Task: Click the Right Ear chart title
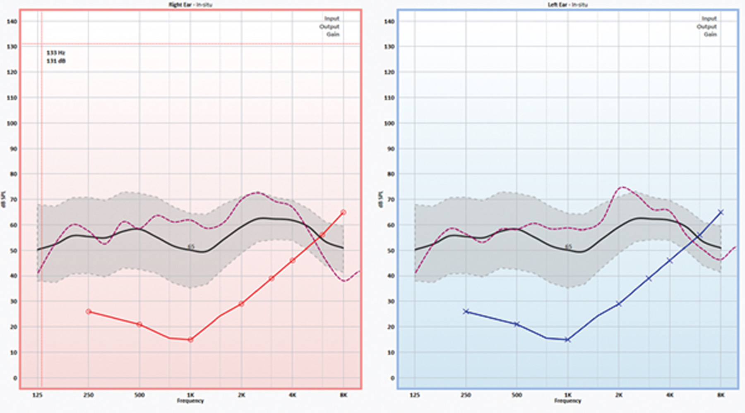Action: coord(190,5)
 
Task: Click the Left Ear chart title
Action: coord(567,5)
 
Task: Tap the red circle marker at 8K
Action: coord(343,212)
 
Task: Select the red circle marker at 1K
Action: coord(190,340)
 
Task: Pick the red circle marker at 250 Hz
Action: coord(88,312)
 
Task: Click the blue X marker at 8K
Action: coord(721,212)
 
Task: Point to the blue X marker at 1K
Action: coord(567,340)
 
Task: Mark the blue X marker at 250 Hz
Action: coord(466,311)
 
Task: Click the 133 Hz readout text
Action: coord(56,53)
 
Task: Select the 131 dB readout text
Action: coord(56,61)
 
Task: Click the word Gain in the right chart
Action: coord(333,34)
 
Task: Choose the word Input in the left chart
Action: coord(709,19)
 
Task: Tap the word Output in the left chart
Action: coord(707,26)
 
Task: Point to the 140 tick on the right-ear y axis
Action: coord(12,21)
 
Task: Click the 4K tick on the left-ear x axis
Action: coord(670,395)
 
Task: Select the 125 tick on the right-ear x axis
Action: coord(37,395)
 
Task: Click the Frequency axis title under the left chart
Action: coord(567,401)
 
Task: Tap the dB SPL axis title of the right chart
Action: coord(4,199)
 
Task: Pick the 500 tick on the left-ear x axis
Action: coord(517,395)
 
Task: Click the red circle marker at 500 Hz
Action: coord(139,325)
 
